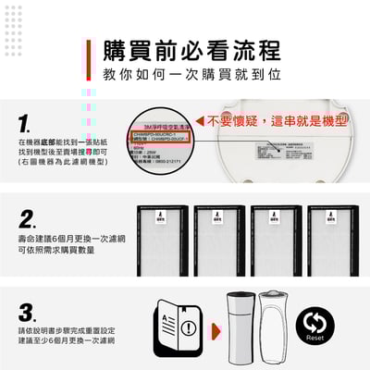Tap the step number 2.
pos(28,220)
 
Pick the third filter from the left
pos(276,240)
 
